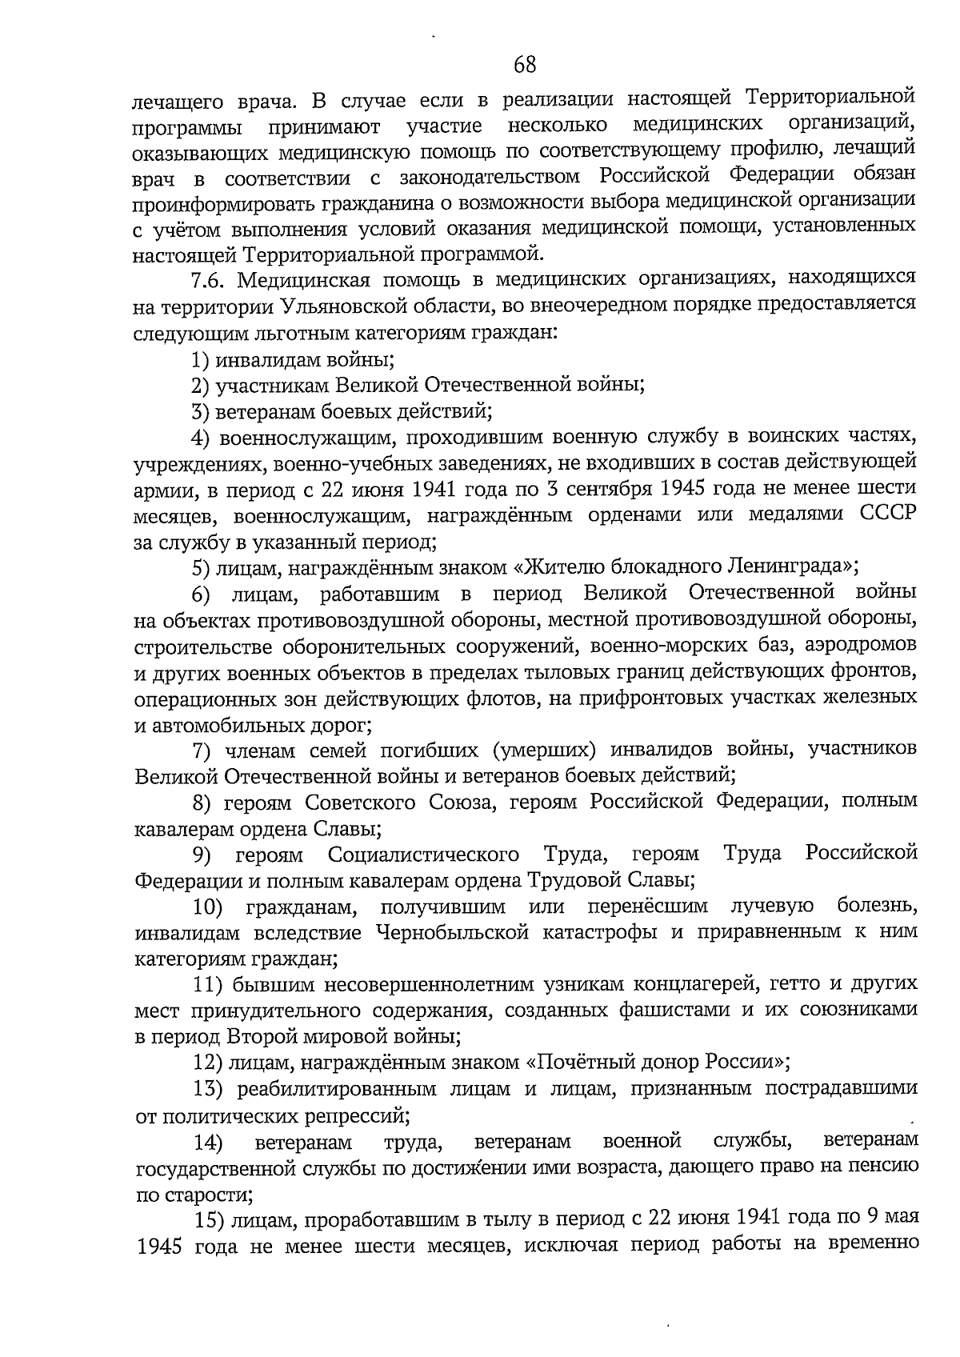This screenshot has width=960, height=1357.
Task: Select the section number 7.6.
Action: click(210, 280)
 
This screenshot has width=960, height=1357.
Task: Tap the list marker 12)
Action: click(208, 1063)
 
